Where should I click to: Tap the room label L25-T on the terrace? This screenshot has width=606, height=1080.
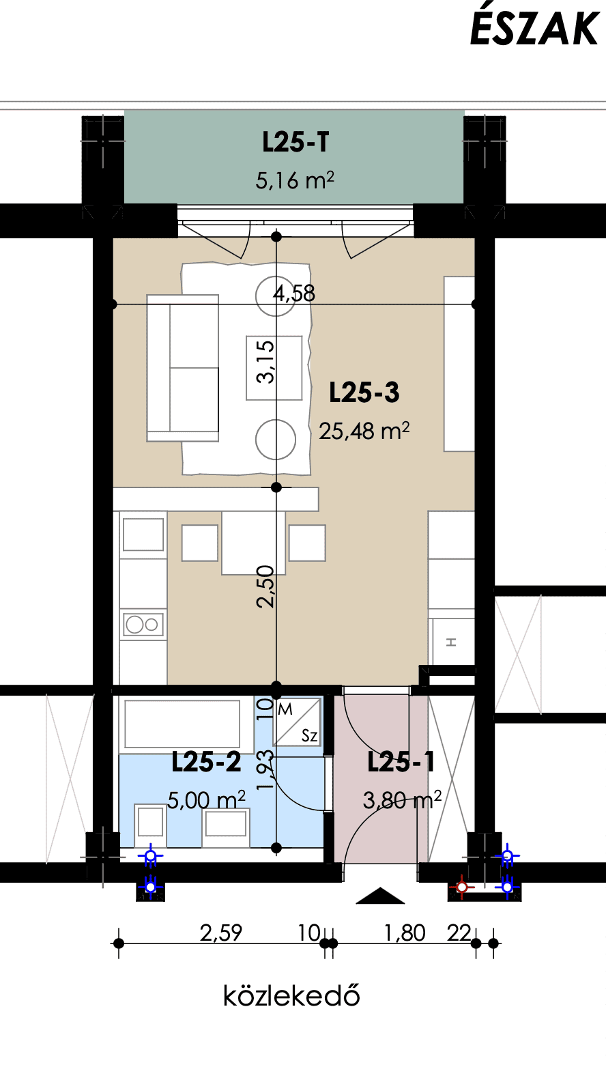click(295, 142)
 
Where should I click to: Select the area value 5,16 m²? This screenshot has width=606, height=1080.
click(295, 181)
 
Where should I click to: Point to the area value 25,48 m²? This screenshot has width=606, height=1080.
click(364, 431)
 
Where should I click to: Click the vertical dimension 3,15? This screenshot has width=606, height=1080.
click(265, 362)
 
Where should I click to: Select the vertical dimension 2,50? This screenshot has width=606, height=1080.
click(265, 587)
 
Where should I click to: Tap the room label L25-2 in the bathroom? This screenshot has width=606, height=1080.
click(206, 762)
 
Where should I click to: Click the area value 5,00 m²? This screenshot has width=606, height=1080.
click(206, 800)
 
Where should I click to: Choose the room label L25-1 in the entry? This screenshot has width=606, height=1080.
click(401, 762)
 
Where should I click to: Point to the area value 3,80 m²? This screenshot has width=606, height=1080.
click(402, 800)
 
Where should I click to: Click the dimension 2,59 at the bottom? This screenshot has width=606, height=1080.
click(221, 933)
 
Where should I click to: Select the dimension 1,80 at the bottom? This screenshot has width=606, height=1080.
click(405, 933)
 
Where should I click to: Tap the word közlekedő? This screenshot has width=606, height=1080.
click(291, 995)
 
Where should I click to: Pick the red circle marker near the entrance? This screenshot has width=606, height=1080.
click(461, 886)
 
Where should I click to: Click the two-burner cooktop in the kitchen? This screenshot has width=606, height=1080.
click(144, 625)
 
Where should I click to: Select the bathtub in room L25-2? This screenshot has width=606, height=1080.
click(182, 724)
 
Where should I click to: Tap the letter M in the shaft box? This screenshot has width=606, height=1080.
click(285, 709)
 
